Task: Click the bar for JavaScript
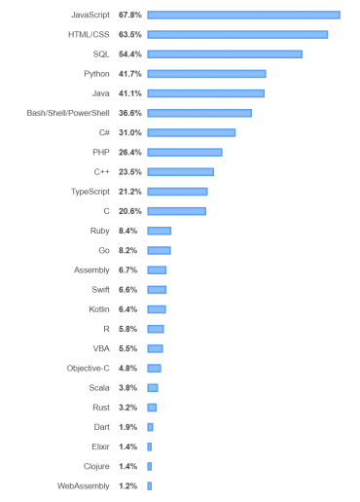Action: [x=243, y=15]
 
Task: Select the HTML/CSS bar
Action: [x=237, y=34]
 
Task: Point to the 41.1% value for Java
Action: [x=130, y=93]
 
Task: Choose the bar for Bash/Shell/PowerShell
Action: [x=199, y=113]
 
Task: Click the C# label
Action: [x=103, y=132]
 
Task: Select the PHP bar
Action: [x=185, y=152]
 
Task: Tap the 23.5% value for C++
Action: [x=130, y=171]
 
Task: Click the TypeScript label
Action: [x=90, y=191]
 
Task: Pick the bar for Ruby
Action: [x=159, y=231]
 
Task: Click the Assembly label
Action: [x=91, y=269]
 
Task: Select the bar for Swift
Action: [x=157, y=289]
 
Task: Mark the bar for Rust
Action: [x=152, y=407]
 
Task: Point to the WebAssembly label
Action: [x=84, y=484]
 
